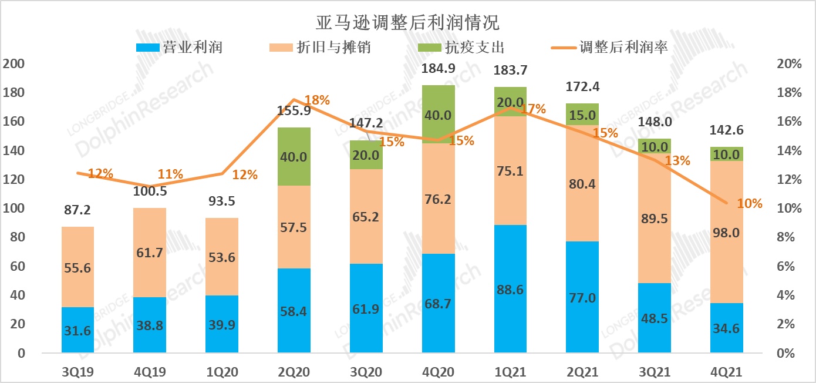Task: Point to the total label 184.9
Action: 439,69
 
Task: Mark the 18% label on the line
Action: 317,100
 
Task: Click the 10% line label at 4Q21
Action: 750,204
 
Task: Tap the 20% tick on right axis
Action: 789,63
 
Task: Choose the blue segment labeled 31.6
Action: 77,330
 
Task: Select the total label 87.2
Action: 76,211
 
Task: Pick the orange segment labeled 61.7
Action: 149,253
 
